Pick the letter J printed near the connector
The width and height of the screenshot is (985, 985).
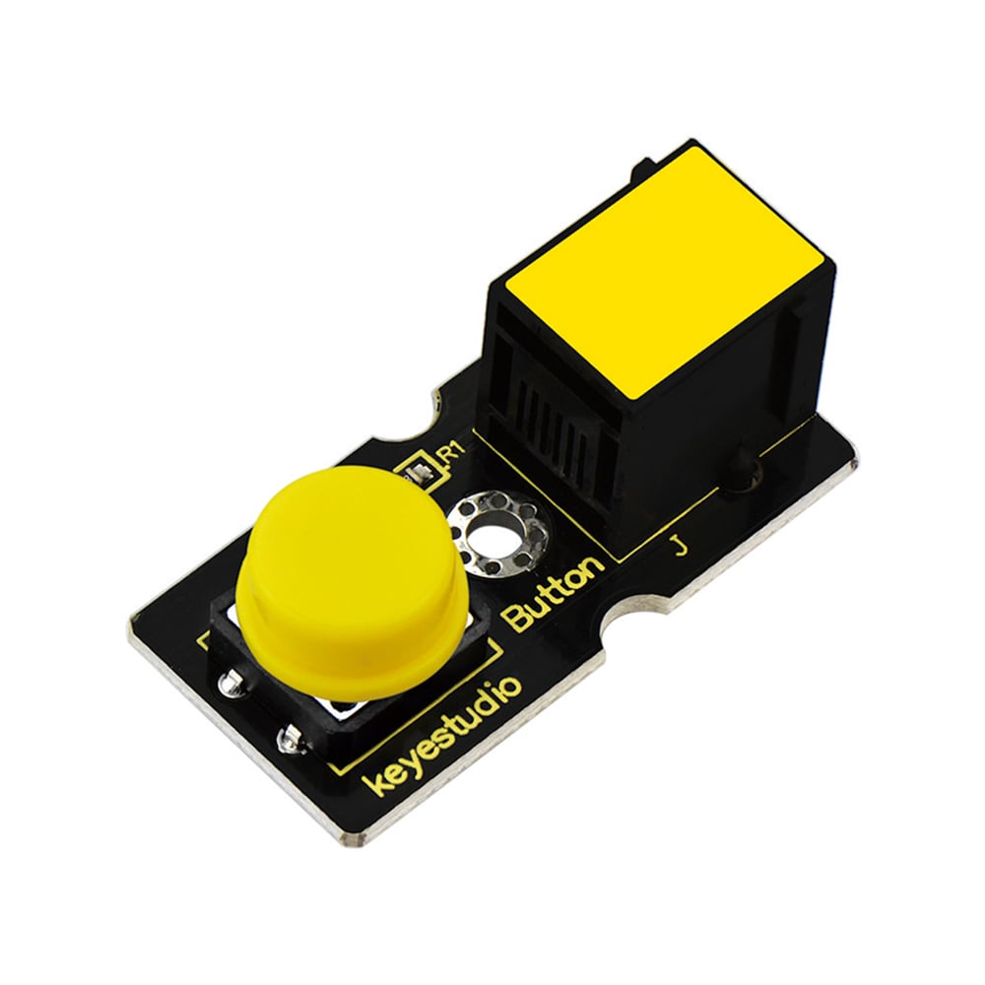(679, 546)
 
